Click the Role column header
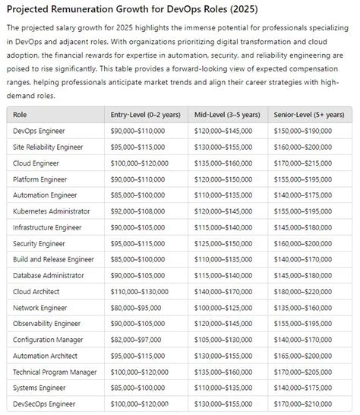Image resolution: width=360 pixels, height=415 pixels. click(20, 115)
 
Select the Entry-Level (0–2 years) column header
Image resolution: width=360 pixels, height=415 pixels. click(145, 115)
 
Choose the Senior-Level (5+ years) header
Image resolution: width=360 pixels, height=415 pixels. click(307, 115)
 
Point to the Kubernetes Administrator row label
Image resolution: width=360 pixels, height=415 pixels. click(52, 211)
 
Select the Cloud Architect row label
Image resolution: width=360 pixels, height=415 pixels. click(38, 291)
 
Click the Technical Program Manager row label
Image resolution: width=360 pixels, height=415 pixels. click(55, 372)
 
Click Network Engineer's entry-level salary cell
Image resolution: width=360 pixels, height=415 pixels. click(135, 308)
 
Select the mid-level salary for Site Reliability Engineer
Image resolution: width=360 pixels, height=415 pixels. click(223, 147)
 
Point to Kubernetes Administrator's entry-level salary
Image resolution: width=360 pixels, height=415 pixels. click(137, 211)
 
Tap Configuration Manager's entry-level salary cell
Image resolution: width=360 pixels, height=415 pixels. click(135, 340)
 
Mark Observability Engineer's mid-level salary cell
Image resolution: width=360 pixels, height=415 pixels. click(223, 324)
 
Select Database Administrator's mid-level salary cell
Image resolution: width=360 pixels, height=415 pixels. click(223, 275)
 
